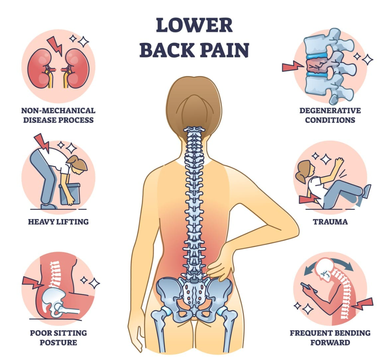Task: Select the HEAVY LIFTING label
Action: point(58,222)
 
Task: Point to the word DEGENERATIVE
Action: point(330,110)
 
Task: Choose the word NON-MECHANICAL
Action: point(58,110)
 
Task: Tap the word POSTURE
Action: point(58,342)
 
